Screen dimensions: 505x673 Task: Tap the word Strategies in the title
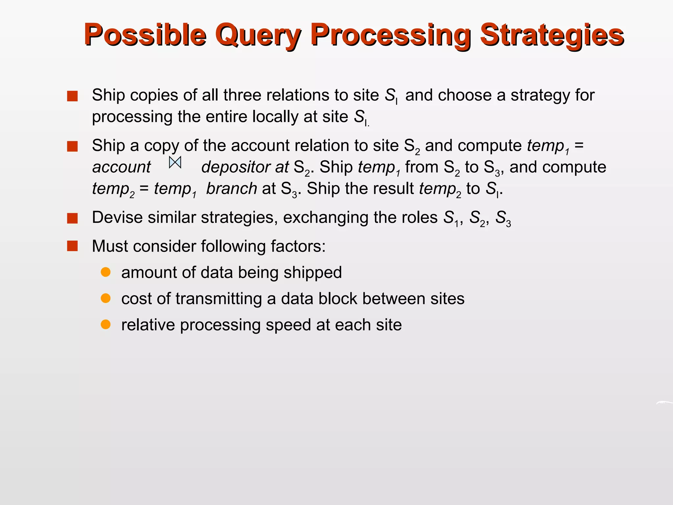[552, 35]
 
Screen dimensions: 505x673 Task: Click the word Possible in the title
[145, 35]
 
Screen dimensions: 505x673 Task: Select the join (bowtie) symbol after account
[175, 162]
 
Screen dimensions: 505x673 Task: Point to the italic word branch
[232, 189]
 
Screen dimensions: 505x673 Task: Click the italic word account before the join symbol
[121, 167]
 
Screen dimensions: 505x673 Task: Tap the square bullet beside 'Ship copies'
[72, 96]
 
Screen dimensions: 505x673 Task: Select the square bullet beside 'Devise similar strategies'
[72, 218]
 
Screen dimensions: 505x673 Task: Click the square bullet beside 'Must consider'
[72, 246]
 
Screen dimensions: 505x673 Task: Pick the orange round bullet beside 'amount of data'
[105, 272]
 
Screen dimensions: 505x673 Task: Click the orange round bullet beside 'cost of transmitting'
[105, 299]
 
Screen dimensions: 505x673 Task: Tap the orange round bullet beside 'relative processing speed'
[105, 325]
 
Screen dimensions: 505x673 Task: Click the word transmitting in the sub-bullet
[218, 299]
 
